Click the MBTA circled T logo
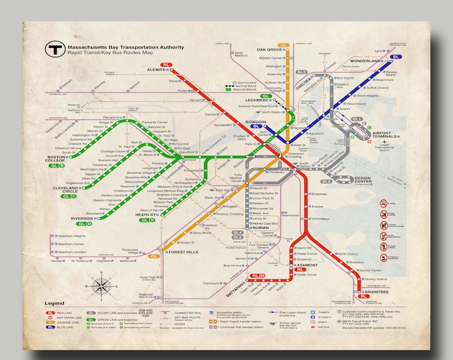pos(54,49)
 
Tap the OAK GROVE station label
pos(270,50)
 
